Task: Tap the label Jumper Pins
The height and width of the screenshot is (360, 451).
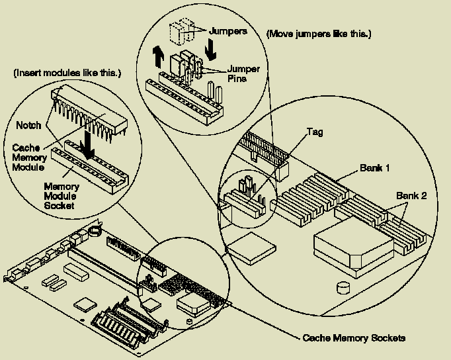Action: (243, 72)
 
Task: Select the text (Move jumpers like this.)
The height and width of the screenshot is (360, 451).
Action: (318, 33)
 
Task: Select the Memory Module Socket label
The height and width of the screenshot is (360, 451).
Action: (61, 197)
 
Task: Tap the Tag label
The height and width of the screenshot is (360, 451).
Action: (315, 132)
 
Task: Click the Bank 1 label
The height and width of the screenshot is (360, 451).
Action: (374, 167)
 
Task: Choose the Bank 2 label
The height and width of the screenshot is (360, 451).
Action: (411, 196)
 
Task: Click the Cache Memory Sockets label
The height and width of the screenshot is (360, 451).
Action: (354, 338)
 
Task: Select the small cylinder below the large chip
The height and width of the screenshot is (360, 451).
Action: (343, 287)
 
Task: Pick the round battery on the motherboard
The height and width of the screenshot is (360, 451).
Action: (95, 232)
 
